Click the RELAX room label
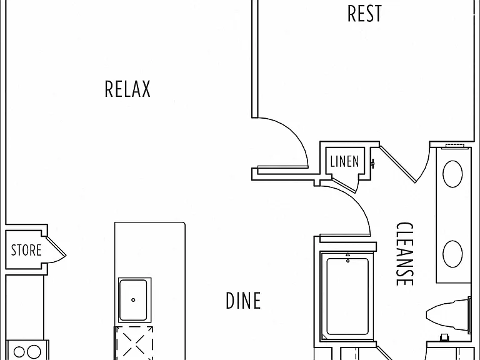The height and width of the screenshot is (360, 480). point(127,89)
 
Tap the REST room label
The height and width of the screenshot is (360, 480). point(365,14)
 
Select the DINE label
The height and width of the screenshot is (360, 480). point(243,300)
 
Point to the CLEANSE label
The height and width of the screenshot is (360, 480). point(405,254)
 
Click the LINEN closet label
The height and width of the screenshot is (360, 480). point(345,161)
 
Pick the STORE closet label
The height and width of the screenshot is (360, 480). point(26,250)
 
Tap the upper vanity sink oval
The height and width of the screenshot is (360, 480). point(452,174)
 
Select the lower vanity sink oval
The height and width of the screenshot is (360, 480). point(452,254)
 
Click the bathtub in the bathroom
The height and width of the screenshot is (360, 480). point(347,296)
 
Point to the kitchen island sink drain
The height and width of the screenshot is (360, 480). point(133,300)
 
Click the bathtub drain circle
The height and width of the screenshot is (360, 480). point(347,261)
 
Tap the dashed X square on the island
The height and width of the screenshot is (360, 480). point(134,343)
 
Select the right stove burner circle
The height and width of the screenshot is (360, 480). point(34,352)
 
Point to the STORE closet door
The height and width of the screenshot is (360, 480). point(56,249)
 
